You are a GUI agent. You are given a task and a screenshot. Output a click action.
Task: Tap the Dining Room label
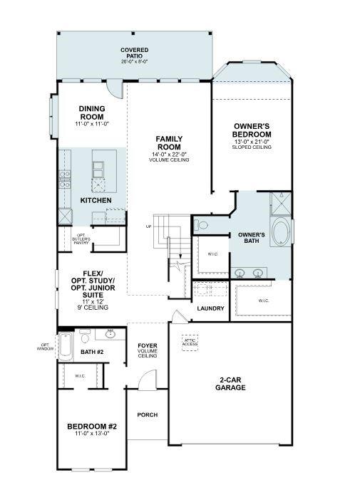point(92,113)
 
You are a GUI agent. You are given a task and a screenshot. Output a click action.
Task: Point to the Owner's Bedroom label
point(252,130)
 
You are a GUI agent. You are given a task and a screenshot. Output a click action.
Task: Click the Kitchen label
point(96,201)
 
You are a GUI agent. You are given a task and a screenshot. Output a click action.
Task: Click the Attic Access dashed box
point(190,343)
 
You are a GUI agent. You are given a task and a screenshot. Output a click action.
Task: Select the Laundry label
point(210,308)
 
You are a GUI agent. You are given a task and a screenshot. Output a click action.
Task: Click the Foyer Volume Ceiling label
point(148,350)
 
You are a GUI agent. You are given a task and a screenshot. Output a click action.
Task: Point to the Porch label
point(148,415)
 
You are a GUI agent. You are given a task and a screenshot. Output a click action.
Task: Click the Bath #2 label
point(92,353)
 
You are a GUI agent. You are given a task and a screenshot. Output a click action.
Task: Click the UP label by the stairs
point(148,226)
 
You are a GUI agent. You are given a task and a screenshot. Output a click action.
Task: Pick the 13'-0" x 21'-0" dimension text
point(252,142)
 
